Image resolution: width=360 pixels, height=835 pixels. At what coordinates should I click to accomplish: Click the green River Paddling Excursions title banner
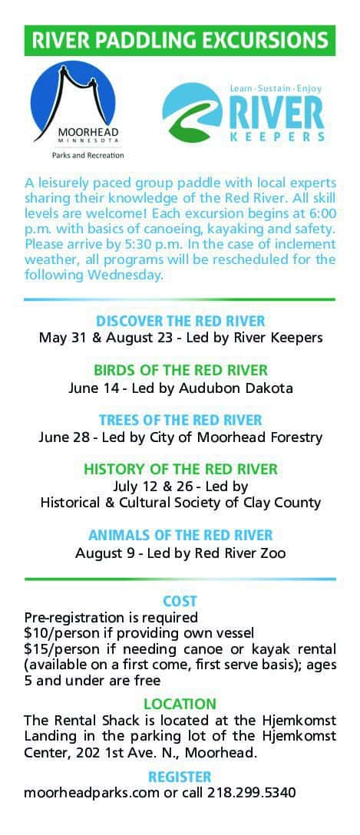(180, 41)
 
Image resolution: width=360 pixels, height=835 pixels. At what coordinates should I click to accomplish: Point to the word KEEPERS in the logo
(276, 137)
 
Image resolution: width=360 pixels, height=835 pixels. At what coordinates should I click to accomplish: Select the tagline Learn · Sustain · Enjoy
(276, 88)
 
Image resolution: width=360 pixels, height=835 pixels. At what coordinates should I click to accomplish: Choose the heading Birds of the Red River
(180, 370)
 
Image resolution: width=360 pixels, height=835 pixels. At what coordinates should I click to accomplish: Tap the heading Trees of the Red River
(180, 419)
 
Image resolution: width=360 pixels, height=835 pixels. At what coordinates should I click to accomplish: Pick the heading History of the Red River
(180, 469)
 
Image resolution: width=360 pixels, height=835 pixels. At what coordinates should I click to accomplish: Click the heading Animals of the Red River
(180, 535)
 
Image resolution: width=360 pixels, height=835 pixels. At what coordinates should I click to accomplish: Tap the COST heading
(180, 601)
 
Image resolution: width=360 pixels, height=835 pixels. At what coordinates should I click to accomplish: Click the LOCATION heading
(180, 704)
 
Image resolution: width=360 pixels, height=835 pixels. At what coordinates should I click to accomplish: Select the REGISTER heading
(180, 777)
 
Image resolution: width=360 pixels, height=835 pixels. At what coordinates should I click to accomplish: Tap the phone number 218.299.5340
(251, 792)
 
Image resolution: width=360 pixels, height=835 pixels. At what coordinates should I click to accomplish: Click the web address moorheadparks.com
(91, 793)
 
